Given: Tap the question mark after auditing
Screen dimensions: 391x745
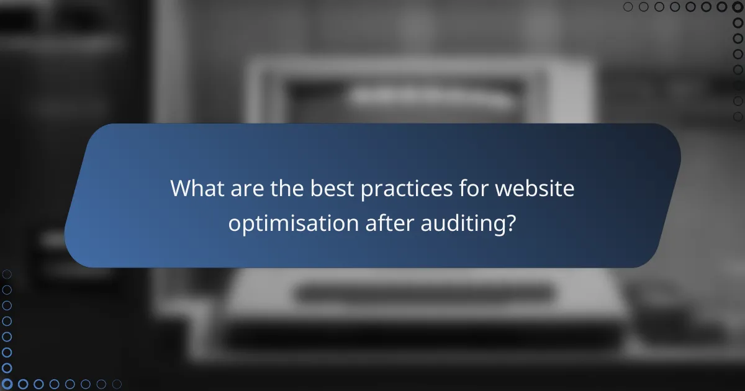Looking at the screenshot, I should point(510,223).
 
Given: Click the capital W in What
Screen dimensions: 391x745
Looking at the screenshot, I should point(181,188).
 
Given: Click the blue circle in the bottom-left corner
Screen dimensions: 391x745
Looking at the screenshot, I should point(7,384).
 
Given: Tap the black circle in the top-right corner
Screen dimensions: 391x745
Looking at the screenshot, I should point(738,7).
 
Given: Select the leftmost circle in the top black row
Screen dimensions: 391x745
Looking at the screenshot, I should point(628,7).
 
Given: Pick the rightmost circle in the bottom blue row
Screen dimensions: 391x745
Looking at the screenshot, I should point(116,384).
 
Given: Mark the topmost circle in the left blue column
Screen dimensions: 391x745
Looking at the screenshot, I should point(7,274).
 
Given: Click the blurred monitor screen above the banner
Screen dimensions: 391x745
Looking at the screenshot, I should point(422,93).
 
